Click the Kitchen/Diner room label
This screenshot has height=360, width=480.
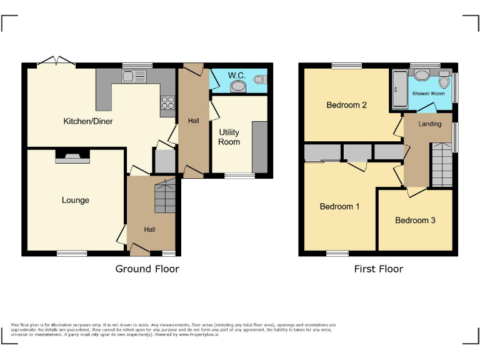[x=88, y=121]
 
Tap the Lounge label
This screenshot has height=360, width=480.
[x=75, y=200]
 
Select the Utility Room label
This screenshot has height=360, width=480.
[x=229, y=137]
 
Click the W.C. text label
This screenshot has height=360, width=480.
[x=236, y=76]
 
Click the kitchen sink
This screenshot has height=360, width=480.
[x=134, y=77]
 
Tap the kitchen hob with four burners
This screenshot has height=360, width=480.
[x=167, y=102]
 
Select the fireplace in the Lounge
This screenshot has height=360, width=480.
[x=72, y=157]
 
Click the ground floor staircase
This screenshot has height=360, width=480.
[x=165, y=196]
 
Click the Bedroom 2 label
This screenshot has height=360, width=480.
[x=346, y=105]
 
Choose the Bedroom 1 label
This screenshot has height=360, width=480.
[x=339, y=206]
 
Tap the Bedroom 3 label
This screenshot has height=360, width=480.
[x=415, y=220]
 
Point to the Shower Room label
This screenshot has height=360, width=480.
[x=429, y=94]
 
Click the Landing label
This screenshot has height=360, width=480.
[x=430, y=124]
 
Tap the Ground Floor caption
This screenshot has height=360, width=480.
[x=147, y=269]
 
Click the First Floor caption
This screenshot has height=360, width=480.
[x=378, y=269]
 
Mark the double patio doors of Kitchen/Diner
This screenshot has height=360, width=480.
[x=56, y=62]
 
